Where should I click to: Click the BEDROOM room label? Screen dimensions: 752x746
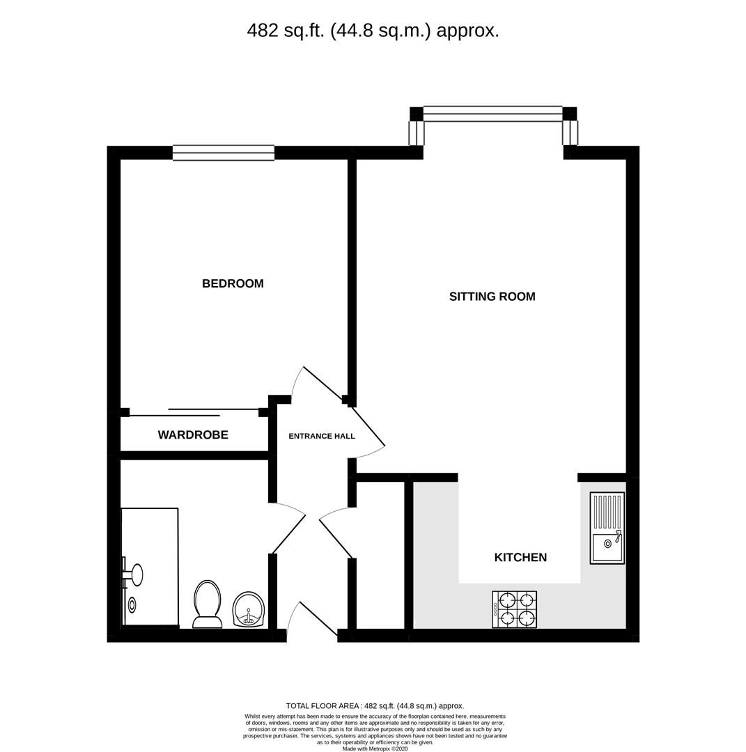[233, 283]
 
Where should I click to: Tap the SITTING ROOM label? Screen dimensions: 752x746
[492, 297]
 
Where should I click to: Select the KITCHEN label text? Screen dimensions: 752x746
[520, 557]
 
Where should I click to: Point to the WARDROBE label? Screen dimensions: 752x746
[193, 435]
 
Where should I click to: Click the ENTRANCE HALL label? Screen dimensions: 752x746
[322, 437]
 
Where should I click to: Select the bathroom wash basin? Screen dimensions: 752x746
[249, 610]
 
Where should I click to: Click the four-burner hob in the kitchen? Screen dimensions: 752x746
[515, 609]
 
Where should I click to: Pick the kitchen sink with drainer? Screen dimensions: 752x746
[607, 528]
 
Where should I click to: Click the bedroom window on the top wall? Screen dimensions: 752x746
[224, 153]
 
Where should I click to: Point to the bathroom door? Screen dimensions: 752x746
[288, 528]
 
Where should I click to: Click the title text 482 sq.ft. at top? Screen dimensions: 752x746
[373, 31]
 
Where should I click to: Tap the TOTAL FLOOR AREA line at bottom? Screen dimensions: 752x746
[375, 706]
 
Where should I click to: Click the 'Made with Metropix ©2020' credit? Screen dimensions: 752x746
[375, 749]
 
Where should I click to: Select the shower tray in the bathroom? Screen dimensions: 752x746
[150, 567]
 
